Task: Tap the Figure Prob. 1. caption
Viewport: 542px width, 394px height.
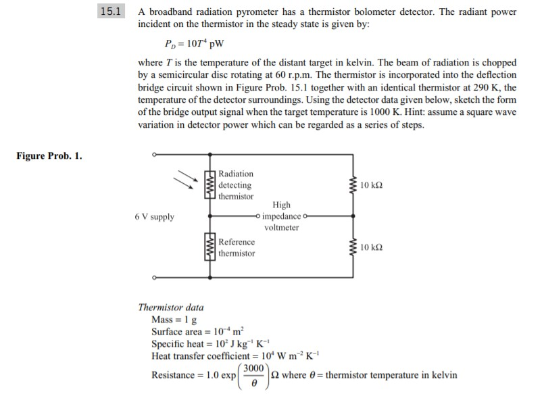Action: coord(49,156)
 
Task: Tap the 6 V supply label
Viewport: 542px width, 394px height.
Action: coord(154,217)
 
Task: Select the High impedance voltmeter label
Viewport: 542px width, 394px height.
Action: coord(281,216)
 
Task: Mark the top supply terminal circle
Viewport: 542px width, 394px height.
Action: coord(154,155)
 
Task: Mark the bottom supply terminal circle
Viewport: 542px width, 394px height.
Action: coord(154,277)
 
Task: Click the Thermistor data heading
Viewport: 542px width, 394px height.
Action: coord(170,307)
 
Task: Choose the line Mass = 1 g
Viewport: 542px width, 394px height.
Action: coord(174,320)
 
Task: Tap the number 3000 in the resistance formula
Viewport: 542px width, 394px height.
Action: coord(254,368)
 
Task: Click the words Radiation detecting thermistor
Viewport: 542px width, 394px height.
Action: coord(236,185)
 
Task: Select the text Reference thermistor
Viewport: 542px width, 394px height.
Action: coord(237,247)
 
